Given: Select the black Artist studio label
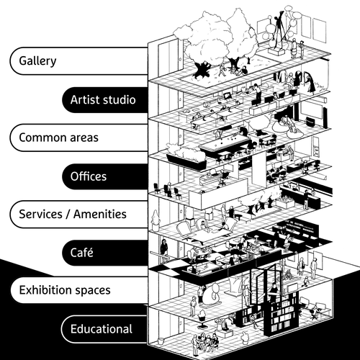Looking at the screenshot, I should pyautogui.click(x=102, y=99).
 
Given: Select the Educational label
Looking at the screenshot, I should pyautogui.click(x=101, y=329).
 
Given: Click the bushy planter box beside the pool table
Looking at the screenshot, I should pyautogui.click(x=184, y=153).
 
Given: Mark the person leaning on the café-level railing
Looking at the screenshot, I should pyautogui.click(x=164, y=249).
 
